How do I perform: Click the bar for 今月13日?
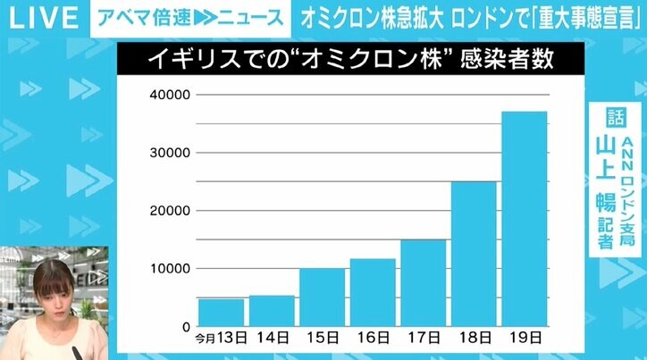[221, 312]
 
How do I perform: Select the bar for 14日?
[272, 310]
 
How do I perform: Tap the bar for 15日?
[322, 297]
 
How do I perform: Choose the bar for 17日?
[423, 282]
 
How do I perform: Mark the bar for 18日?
[473, 254]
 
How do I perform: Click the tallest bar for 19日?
[524, 218]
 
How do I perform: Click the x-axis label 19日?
[525, 339]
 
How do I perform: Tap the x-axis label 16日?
[373, 339]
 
